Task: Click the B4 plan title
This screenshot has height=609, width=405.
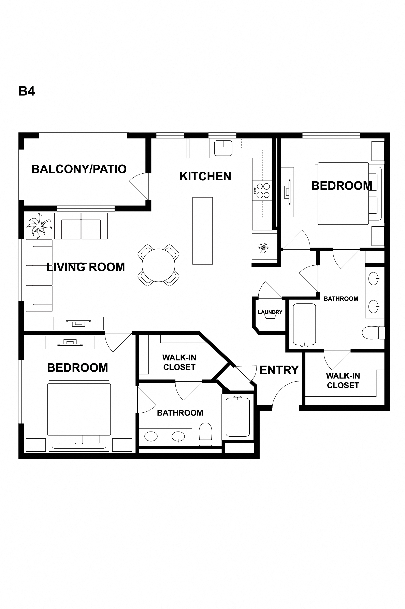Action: pos(27,91)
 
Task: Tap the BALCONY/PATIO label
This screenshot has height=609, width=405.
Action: pos(79,169)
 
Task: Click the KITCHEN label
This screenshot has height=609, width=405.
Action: pos(205,176)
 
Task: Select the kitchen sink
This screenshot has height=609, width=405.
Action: pos(223,148)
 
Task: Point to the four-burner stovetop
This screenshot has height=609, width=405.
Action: pos(262,191)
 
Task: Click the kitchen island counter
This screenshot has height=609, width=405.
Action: pos(202,231)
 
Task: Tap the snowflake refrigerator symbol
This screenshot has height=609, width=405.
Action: pos(263,248)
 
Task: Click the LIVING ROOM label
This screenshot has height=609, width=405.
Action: pos(86,267)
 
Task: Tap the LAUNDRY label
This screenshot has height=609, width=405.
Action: pos(270,312)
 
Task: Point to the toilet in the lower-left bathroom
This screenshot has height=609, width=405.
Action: pos(205,434)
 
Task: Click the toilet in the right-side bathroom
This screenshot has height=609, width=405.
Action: pos(374,333)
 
